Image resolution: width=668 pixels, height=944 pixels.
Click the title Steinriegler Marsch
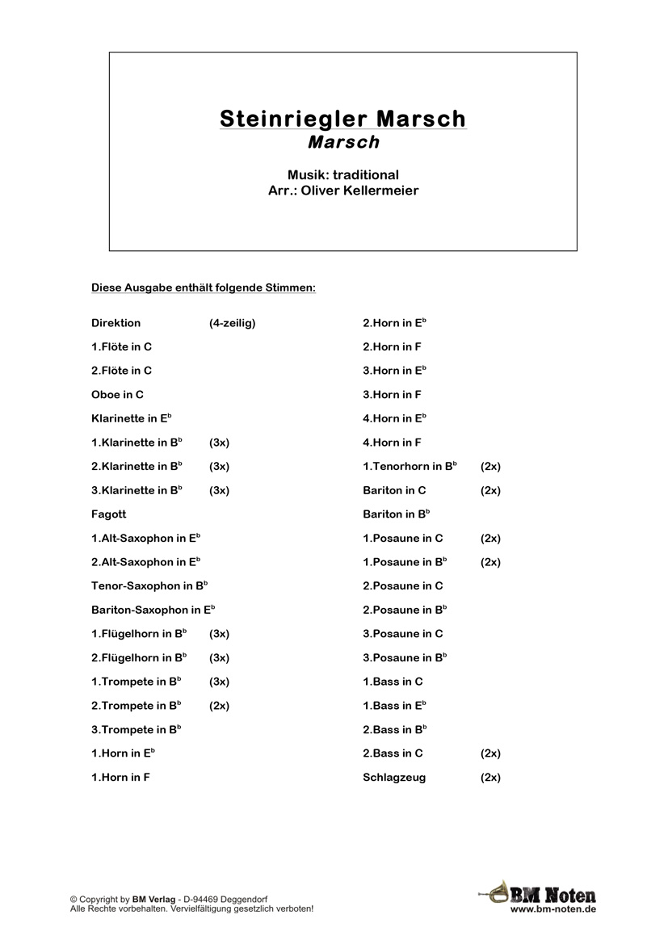pos(342,119)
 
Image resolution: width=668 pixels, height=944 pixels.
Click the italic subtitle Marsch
pos(343,142)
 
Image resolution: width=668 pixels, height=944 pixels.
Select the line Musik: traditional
pos(342,174)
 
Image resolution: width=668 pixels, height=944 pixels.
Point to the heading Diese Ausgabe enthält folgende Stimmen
pos(204,287)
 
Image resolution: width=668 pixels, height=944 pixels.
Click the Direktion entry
pos(116,323)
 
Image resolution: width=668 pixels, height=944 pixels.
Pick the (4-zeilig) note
pos(233,323)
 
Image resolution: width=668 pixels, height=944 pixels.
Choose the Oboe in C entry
pos(118,395)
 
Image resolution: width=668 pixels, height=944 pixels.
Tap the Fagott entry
pos(109,514)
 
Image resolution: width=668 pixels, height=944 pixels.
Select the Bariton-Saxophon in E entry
pos(153,610)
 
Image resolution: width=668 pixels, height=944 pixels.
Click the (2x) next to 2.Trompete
pos(220,706)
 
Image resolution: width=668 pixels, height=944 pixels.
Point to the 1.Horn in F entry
pos(121,778)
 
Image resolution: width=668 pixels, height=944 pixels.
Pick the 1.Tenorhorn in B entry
pos(410,467)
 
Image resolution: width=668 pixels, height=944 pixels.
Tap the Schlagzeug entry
pos(394,778)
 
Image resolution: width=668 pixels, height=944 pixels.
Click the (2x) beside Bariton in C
pos(490,490)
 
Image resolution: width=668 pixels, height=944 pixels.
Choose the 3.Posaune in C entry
pos(403,634)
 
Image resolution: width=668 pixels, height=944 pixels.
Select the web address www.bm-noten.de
pos(553,909)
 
